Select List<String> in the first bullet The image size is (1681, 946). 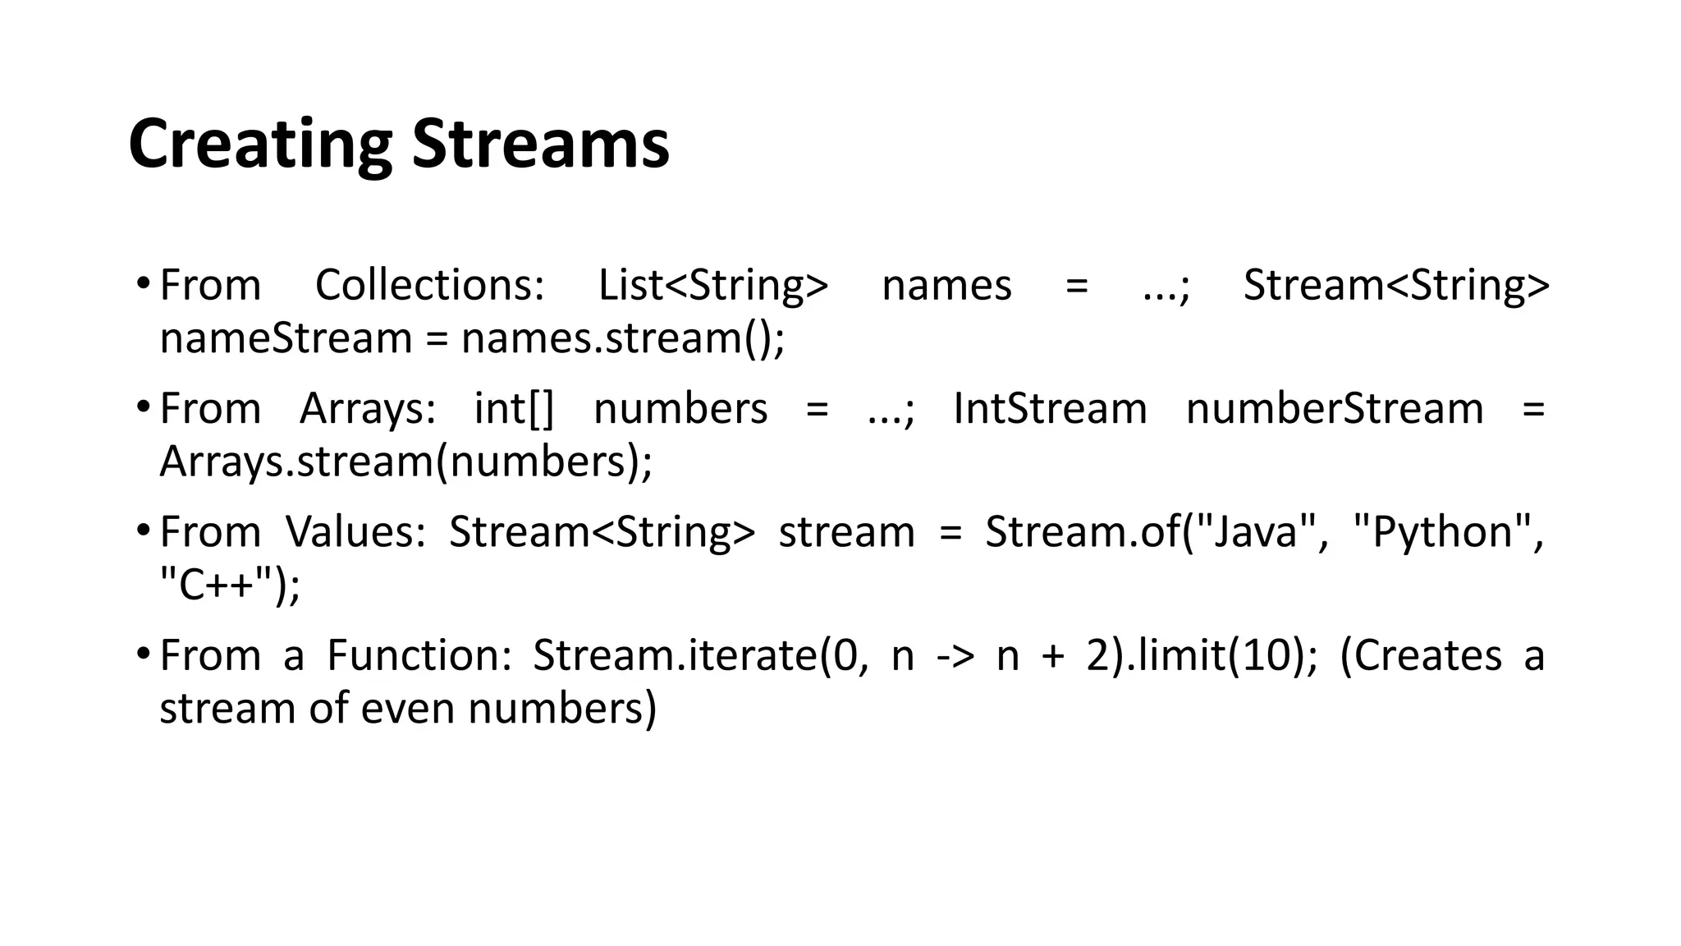713,285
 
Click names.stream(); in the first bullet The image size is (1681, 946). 623,338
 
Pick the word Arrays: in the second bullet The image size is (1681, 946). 368,408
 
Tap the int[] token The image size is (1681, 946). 515,408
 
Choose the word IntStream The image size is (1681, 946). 1050,408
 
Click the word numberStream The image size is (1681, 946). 1335,408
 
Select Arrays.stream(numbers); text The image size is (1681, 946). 406,462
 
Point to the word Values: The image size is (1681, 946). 355,531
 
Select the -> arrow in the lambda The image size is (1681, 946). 955,655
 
